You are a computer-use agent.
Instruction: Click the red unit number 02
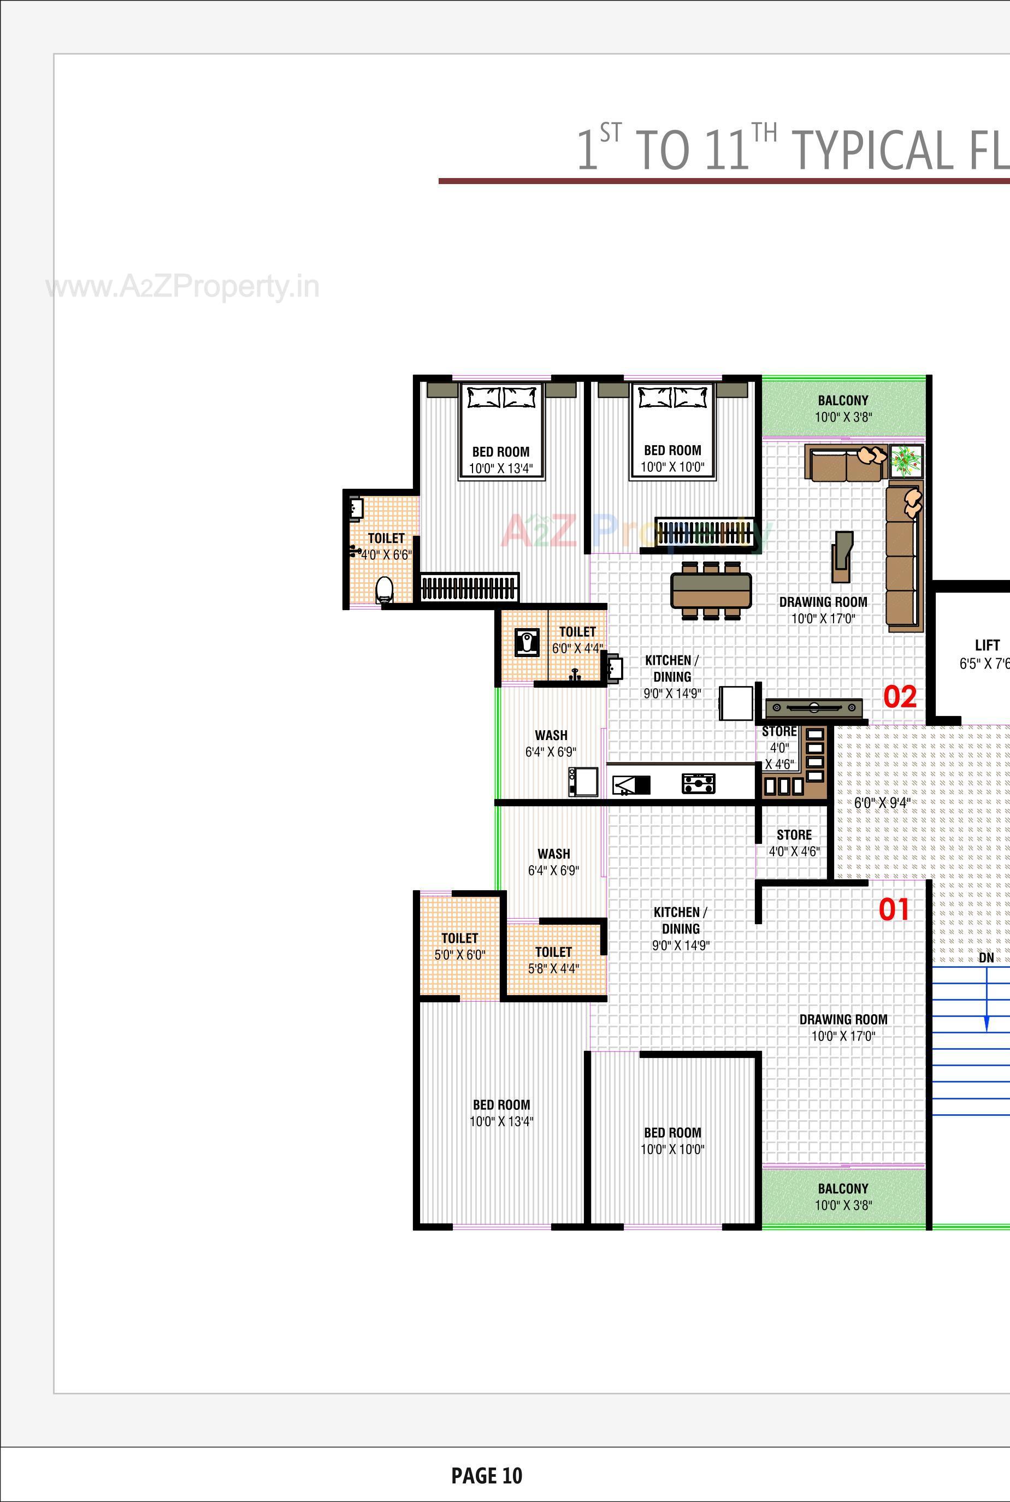(x=899, y=697)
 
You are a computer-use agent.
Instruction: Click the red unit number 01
(x=894, y=909)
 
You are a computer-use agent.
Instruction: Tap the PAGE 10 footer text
(x=486, y=1476)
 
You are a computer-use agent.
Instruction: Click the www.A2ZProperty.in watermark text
(x=183, y=287)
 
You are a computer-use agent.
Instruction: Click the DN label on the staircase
(x=986, y=958)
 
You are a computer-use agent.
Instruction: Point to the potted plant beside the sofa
(x=906, y=460)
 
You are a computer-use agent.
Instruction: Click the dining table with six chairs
(x=711, y=590)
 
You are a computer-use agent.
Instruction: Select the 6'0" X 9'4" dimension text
(x=882, y=802)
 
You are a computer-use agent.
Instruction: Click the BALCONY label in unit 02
(x=842, y=400)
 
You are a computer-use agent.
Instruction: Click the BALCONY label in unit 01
(x=842, y=1189)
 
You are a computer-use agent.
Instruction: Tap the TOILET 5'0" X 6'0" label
(x=459, y=946)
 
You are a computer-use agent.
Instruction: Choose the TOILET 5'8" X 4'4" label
(x=553, y=960)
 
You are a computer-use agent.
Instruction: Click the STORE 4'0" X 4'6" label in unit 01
(x=794, y=842)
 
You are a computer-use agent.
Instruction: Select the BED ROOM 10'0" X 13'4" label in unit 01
(x=501, y=1113)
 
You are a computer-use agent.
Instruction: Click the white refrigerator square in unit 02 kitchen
(x=736, y=703)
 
